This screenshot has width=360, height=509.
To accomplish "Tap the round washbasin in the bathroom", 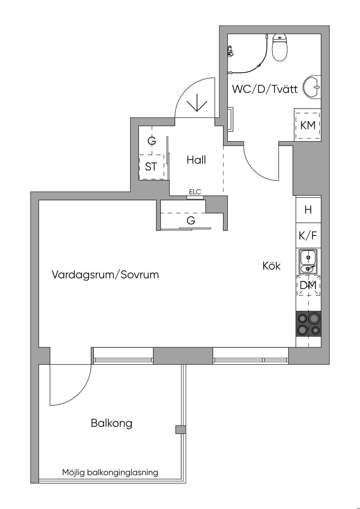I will click(x=313, y=86).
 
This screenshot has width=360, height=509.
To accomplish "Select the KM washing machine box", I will click(x=308, y=125).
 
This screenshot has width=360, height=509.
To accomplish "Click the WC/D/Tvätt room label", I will click(x=265, y=89).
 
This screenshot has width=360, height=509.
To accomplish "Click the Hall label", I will click(x=196, y=160).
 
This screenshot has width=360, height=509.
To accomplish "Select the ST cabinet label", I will click(x=151, y=167).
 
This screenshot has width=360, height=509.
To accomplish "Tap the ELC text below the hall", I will click(x=195, y=192).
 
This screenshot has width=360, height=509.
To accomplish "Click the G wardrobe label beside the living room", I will click(x=191, y=221).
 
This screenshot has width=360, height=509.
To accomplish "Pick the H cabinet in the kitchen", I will click(x=308, y=210).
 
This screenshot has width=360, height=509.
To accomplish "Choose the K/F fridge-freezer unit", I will click(x=308, y=236).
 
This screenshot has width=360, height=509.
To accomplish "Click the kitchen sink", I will click(x=308, y=262).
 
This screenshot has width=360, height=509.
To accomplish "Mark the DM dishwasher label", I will click(x=308, y=285).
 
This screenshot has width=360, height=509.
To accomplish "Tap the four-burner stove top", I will click(x=308, y=324).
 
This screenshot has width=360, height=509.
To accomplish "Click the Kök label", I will click(x=271, y=266).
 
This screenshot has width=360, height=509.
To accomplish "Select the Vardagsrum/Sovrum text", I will click(x=105, y=275).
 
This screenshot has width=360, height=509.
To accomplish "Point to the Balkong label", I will click(x=111, y=423).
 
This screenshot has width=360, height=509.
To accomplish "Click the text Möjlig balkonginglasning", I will click(x=110, y=472).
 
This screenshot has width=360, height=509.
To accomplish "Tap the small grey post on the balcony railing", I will click(x=180, y=430).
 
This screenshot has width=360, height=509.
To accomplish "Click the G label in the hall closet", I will click(x=152, y=141).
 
